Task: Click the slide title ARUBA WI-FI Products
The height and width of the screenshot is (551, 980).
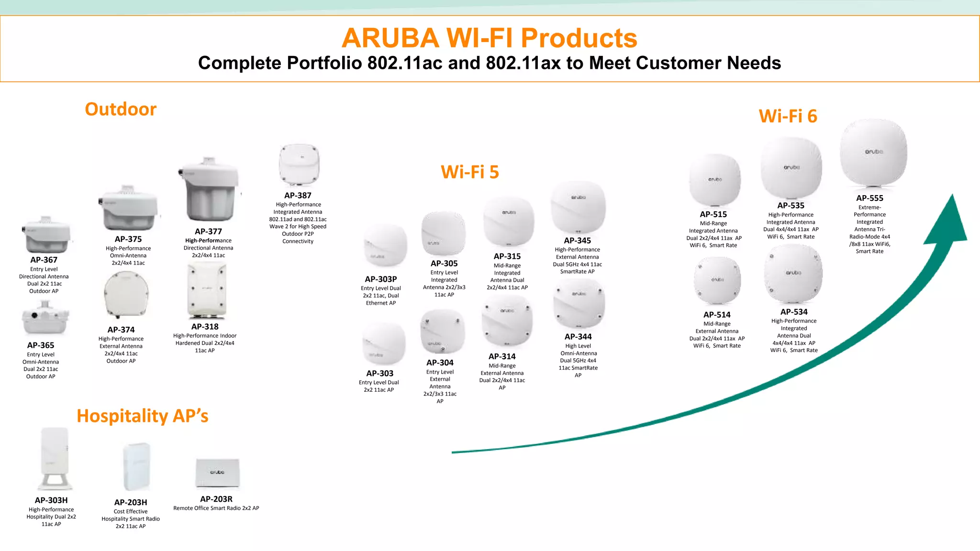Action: (x=489, y=38)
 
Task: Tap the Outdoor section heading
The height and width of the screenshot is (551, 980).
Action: (x=121, y=109)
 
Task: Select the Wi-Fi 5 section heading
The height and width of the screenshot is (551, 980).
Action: (x=469, y=172)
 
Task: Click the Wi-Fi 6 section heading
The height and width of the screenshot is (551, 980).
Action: (x=788, y=116)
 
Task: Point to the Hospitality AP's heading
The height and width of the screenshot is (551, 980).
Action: (x=143, y=416)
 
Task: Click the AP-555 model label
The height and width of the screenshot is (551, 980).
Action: (x=869, y=198)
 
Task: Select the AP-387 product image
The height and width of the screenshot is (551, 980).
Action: (x=299, y=165)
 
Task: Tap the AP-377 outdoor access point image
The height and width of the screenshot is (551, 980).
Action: (x=209, y=190)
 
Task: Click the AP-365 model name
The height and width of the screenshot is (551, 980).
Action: (x=41, y=345)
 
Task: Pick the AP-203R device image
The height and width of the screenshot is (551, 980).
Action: (x=217, y=473)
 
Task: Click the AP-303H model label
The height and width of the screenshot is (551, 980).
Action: (x=51, y=500)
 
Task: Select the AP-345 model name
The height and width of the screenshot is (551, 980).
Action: (x=577, y=241)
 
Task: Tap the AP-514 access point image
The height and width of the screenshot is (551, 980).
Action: (x=717, y=281)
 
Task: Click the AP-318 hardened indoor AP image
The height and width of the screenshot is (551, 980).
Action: (x=206, y=291)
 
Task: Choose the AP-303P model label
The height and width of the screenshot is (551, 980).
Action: (x=381, y=279)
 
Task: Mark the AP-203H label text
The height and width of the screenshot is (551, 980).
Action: (x=131, y=502)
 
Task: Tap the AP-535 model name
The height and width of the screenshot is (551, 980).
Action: (x=791, y=206)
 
